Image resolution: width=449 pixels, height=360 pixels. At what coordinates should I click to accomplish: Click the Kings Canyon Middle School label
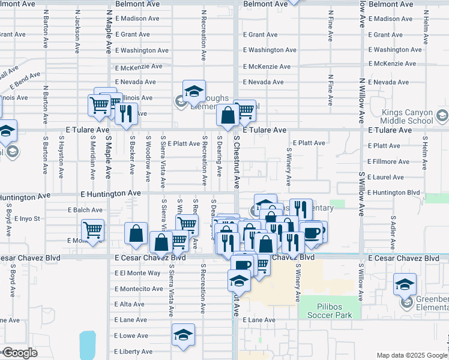(x=408, y=116)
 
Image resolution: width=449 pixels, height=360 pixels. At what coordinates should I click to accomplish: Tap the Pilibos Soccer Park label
(x=325, y=311)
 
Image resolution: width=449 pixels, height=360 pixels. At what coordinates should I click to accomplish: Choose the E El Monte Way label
(x=137, y=273)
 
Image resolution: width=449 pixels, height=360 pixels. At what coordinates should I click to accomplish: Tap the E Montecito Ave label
(x=139, y=289)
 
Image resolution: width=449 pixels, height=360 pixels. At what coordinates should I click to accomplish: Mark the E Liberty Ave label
(x=133, y=351)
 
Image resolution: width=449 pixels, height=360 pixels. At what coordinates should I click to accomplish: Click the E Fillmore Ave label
(x=390, y=161)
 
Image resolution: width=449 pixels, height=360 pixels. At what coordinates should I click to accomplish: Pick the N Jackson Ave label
(x=77, y=29)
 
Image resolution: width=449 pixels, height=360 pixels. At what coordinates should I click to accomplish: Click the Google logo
(x=20, y=353)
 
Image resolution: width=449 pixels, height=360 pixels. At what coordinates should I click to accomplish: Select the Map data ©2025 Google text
(x=411, y=355)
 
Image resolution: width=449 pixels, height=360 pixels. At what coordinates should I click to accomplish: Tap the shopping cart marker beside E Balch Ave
(x=93, y=230)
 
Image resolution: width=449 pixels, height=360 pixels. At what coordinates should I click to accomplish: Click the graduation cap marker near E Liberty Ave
(x=183, y=335)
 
